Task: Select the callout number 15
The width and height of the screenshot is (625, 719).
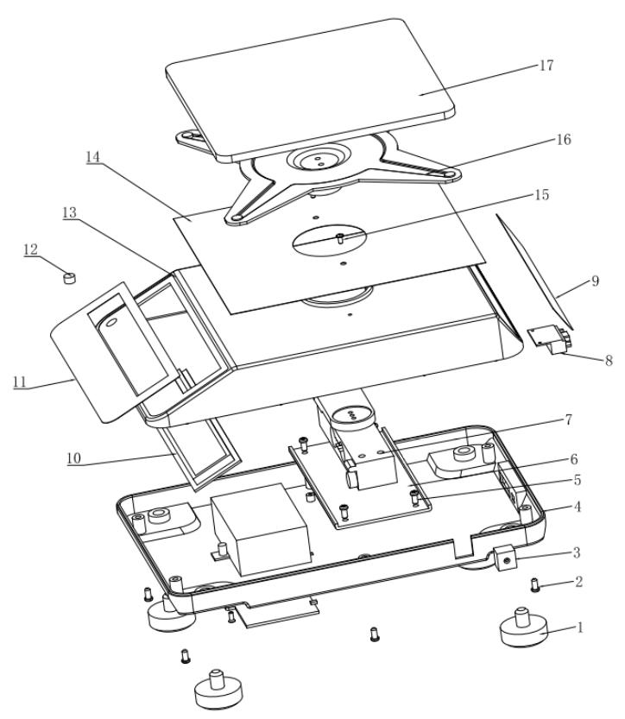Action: point(541,197)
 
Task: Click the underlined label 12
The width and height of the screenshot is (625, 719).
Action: point(30,249)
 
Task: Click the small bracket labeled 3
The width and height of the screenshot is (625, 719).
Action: point(503,559)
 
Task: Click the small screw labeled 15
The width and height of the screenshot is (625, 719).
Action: point(342,237)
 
